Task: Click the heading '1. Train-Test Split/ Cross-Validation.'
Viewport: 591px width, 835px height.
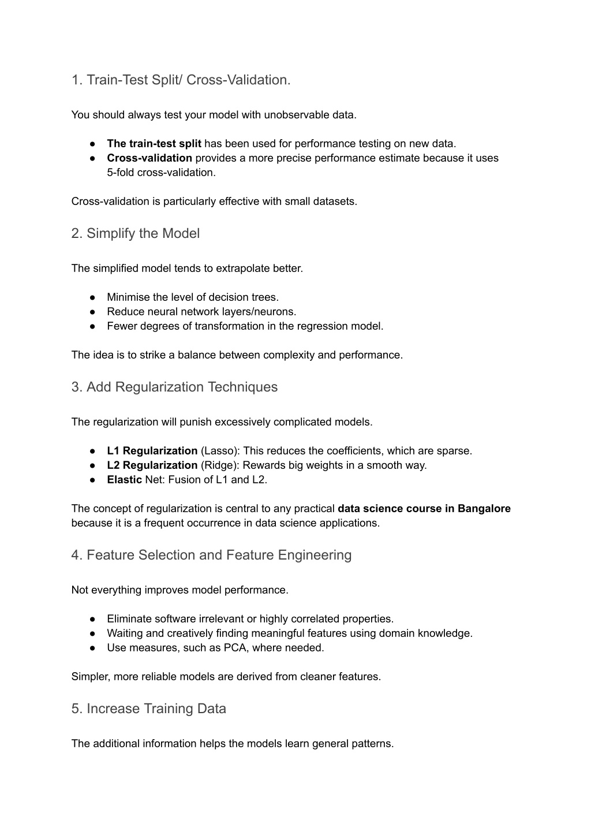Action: pyautogui.click(x=181, y=80)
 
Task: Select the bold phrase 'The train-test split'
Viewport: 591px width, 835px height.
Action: pyautogui.click(x=154, y=144)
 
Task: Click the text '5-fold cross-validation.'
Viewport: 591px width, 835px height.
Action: pyautogui.click(x=161, y=173)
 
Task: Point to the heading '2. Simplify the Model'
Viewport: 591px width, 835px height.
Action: pyautogui.click(x=136, y=233)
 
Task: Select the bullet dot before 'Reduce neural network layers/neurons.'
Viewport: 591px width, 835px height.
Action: pyautogui.click(x=92, y=312)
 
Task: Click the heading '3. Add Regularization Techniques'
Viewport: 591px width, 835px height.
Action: pyautogui.click(x=174, y=387)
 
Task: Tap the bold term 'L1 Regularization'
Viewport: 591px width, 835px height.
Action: pyautogui.click(x=152, y=451)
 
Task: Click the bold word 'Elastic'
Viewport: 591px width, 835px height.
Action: pyautogui.click(x=124, y=480)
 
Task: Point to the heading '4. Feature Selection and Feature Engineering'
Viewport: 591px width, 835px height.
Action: pyautogui.click(x=211, y=555)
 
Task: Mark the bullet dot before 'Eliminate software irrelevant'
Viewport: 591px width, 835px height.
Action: pyautogui.click(x=92, y=619)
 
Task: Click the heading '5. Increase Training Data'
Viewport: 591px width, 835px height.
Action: pyautogui.click(x=149, y=709)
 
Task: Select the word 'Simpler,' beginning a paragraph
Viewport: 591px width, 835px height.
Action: pyautogui.click(x=91, y=677)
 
